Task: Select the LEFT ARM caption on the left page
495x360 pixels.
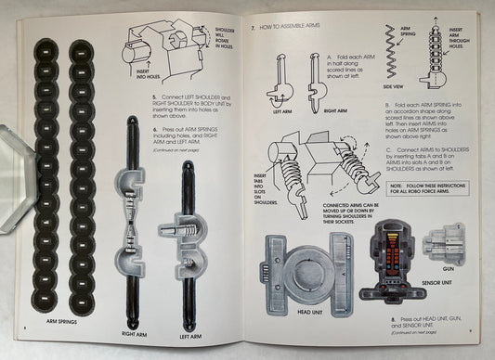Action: tap(189, 331)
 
